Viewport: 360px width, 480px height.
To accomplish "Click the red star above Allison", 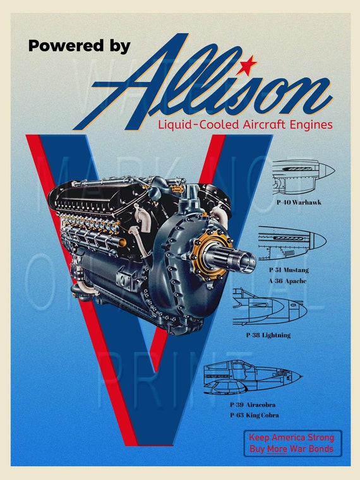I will click(248, 62).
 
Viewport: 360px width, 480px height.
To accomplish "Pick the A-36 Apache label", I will click(288, 280).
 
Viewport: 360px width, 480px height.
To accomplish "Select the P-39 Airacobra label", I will click(252, 404).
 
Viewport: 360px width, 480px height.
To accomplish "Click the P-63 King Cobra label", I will click(254, 415).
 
